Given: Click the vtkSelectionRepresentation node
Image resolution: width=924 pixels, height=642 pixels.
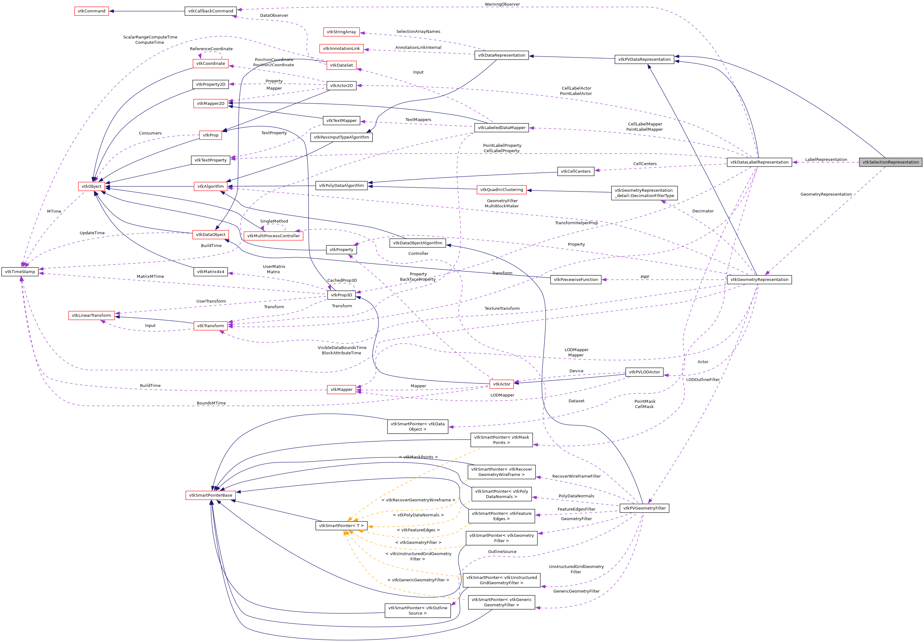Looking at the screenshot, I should pos(890,162).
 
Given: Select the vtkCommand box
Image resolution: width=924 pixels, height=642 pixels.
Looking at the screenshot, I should pos(92,11).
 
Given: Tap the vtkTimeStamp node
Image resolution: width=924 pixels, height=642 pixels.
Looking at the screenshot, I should pos(20,272).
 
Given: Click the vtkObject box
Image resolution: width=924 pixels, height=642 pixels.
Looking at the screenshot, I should pos(91,186).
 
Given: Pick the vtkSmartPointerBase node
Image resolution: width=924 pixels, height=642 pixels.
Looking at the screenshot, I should pos(210,495).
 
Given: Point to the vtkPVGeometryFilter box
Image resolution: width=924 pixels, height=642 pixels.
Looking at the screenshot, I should pos(644,508).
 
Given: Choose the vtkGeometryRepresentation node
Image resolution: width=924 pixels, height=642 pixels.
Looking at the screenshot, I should pos(759,279).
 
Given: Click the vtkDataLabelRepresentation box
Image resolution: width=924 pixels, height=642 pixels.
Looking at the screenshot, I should pos(759,162).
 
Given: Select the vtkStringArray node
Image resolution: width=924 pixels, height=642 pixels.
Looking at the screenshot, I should pos(341,32).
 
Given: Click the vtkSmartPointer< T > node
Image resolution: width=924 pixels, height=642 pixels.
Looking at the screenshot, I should pos(341,525).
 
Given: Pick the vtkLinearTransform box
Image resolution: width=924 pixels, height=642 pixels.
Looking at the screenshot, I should pos(91,315).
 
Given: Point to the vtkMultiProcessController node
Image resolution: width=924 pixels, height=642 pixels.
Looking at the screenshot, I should pos(273,236).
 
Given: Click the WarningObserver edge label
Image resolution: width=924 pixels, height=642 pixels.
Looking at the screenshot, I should pos(502,4).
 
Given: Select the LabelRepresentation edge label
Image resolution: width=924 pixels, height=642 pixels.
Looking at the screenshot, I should pos(826,159).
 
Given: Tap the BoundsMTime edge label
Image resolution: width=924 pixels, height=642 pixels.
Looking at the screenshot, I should pos(211,403).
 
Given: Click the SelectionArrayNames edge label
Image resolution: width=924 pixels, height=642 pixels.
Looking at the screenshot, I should pos(418,31).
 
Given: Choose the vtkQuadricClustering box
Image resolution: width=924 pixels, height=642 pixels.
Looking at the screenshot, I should pos(501,190).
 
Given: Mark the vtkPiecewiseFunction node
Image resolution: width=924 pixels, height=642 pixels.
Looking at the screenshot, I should pos(575,279).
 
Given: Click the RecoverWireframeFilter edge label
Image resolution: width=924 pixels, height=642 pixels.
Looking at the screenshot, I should pos(576,476).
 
